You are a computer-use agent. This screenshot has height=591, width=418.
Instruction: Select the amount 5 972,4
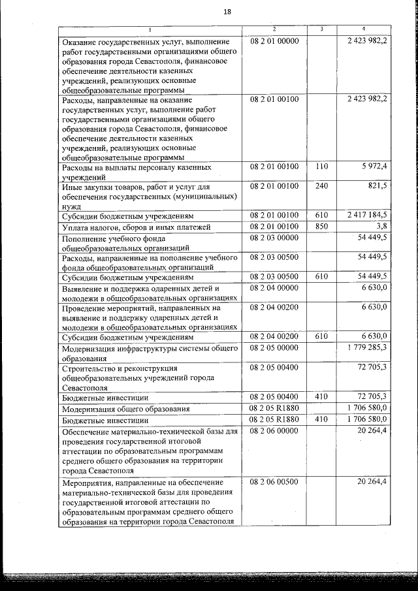coord(375,167)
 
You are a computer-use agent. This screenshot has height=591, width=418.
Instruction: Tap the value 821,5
coord(378,186)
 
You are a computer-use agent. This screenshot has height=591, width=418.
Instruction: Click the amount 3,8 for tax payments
coord(381,226)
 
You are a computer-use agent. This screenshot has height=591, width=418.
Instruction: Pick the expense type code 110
coord(321,167)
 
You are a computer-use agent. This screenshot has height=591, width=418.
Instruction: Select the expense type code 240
coord(321,186)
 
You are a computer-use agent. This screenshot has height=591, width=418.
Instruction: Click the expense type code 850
coord(321,226)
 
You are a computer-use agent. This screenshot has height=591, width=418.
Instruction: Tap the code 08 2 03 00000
coord(274,237)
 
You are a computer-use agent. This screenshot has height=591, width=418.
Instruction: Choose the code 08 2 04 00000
coord(274,287)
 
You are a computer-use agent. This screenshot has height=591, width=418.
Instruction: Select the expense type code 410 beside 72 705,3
coord(321,396)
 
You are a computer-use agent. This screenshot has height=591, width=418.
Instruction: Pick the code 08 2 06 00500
coord(274,481)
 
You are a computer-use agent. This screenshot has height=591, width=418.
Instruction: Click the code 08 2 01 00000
coord(274,41)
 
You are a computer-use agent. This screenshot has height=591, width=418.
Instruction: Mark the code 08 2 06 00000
coord(274,431)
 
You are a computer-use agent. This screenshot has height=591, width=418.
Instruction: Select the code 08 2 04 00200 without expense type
coord(274,307)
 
